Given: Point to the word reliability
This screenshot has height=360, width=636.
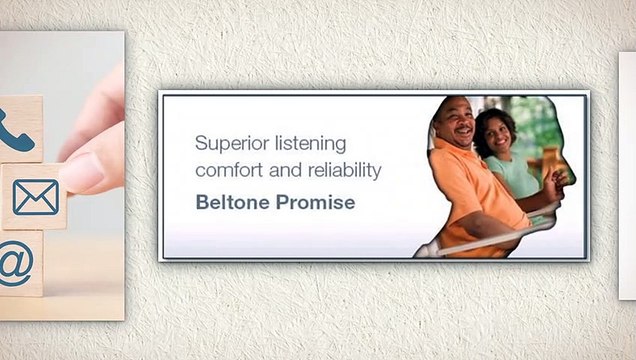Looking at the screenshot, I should coord(339,171).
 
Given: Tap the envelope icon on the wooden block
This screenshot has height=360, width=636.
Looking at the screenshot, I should coord(35,197).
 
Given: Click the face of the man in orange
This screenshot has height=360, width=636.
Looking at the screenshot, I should coord(455,123).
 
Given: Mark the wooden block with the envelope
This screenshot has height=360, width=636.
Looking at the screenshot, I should coord(34,197).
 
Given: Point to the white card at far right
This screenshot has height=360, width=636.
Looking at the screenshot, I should coord(627,175).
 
